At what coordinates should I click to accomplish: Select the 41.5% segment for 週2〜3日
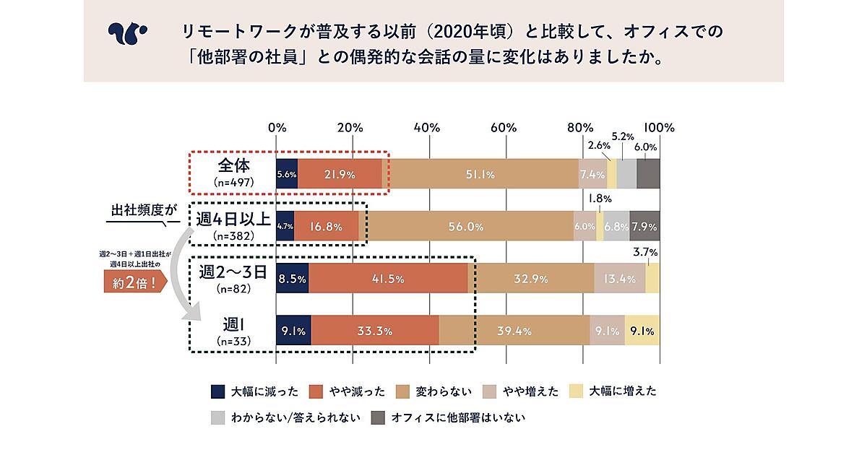tap(389, 279)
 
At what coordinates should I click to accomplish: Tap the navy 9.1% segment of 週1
tap(293, 331)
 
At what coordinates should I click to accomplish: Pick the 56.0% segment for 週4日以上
tap(466, 227)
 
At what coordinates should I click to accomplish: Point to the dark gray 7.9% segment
tap(644, 227)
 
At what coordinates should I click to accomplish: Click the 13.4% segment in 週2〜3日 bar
tap(620, 279)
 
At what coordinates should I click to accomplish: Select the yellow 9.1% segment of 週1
tap(642, 331)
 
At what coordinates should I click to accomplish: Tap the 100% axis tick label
tap(659, 127)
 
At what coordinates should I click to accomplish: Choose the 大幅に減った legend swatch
tap(217, 392)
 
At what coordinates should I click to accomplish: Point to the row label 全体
tap(233, 165)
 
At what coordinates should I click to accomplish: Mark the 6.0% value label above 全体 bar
tap(645, 147)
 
